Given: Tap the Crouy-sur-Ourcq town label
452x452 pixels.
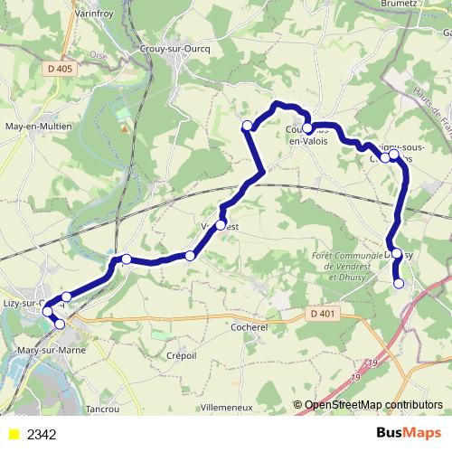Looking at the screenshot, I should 177,49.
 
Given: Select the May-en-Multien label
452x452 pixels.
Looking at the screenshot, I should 38,127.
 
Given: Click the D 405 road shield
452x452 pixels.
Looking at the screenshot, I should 61,69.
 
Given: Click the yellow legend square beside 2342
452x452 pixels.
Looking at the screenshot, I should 13,435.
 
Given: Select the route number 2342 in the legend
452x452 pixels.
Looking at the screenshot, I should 42,435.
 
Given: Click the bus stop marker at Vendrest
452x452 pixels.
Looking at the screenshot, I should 221,224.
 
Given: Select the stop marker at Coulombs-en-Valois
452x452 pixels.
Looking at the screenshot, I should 307,128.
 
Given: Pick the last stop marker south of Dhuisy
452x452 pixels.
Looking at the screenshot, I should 399,284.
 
